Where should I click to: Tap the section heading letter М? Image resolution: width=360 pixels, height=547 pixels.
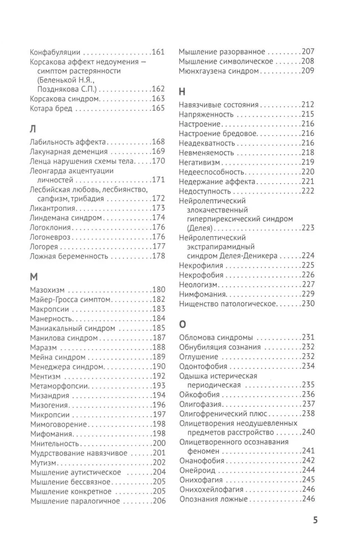click(34, 277)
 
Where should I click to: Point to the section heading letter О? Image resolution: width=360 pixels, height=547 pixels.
click(183, 324)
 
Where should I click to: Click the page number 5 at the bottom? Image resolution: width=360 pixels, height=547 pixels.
click(315, 519)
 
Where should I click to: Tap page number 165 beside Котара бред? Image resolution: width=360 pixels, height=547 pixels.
click(158, 109)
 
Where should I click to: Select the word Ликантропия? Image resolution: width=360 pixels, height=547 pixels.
click(53, 208)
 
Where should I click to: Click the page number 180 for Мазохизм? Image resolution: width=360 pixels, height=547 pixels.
click(158, 289)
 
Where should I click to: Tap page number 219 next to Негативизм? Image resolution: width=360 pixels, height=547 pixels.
click(308, 162)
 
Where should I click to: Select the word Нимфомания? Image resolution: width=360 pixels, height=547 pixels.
click(202, 294)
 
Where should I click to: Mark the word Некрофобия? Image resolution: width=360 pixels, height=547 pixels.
click(201, 275)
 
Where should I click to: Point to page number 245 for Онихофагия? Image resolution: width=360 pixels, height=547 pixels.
click(308, 480)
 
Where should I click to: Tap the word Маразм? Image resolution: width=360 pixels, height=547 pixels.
click(44, 347)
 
